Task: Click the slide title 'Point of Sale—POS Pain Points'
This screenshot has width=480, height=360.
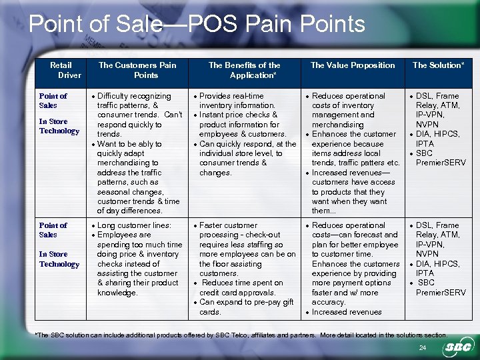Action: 197,24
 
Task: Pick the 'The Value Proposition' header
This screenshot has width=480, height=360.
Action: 353,65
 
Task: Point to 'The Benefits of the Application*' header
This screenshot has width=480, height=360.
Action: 244,70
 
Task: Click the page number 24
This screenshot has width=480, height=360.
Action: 422,349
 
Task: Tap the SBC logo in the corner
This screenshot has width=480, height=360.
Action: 456,347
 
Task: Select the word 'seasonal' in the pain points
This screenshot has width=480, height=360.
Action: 113,191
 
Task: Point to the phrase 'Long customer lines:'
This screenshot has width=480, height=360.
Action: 134,225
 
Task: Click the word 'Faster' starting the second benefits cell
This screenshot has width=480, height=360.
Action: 212,225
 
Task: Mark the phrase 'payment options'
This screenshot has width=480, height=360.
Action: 357,283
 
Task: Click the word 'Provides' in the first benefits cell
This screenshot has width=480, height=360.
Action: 215,96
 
